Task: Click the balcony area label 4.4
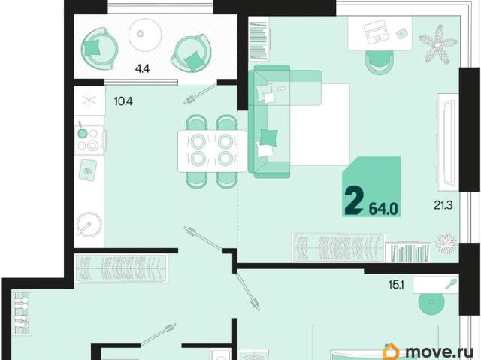click(x=142, y=68)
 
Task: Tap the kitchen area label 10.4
click(x=123, y=101)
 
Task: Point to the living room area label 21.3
click(x=443, y=204)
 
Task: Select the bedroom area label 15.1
click(x=396, y=285)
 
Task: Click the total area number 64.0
click(x=383, y=209)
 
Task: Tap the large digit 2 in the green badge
click(x=354, y=201)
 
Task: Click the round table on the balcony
click(x=145, y=35)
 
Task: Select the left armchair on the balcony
click(x=99, y=48)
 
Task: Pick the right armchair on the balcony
click(x=192, y=53)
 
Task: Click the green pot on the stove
click(x=82, y=132)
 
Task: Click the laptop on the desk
click(x=375, y=32)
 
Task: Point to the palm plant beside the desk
click(x=437, y=45)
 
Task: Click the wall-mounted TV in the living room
click(x=448, y=143)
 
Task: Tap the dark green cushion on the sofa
click(x=269, y=137)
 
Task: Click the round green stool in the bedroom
click(x=431, y=302)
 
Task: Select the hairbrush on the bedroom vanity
click(x=452, y=284)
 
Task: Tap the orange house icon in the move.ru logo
click(x=392, y=351)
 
